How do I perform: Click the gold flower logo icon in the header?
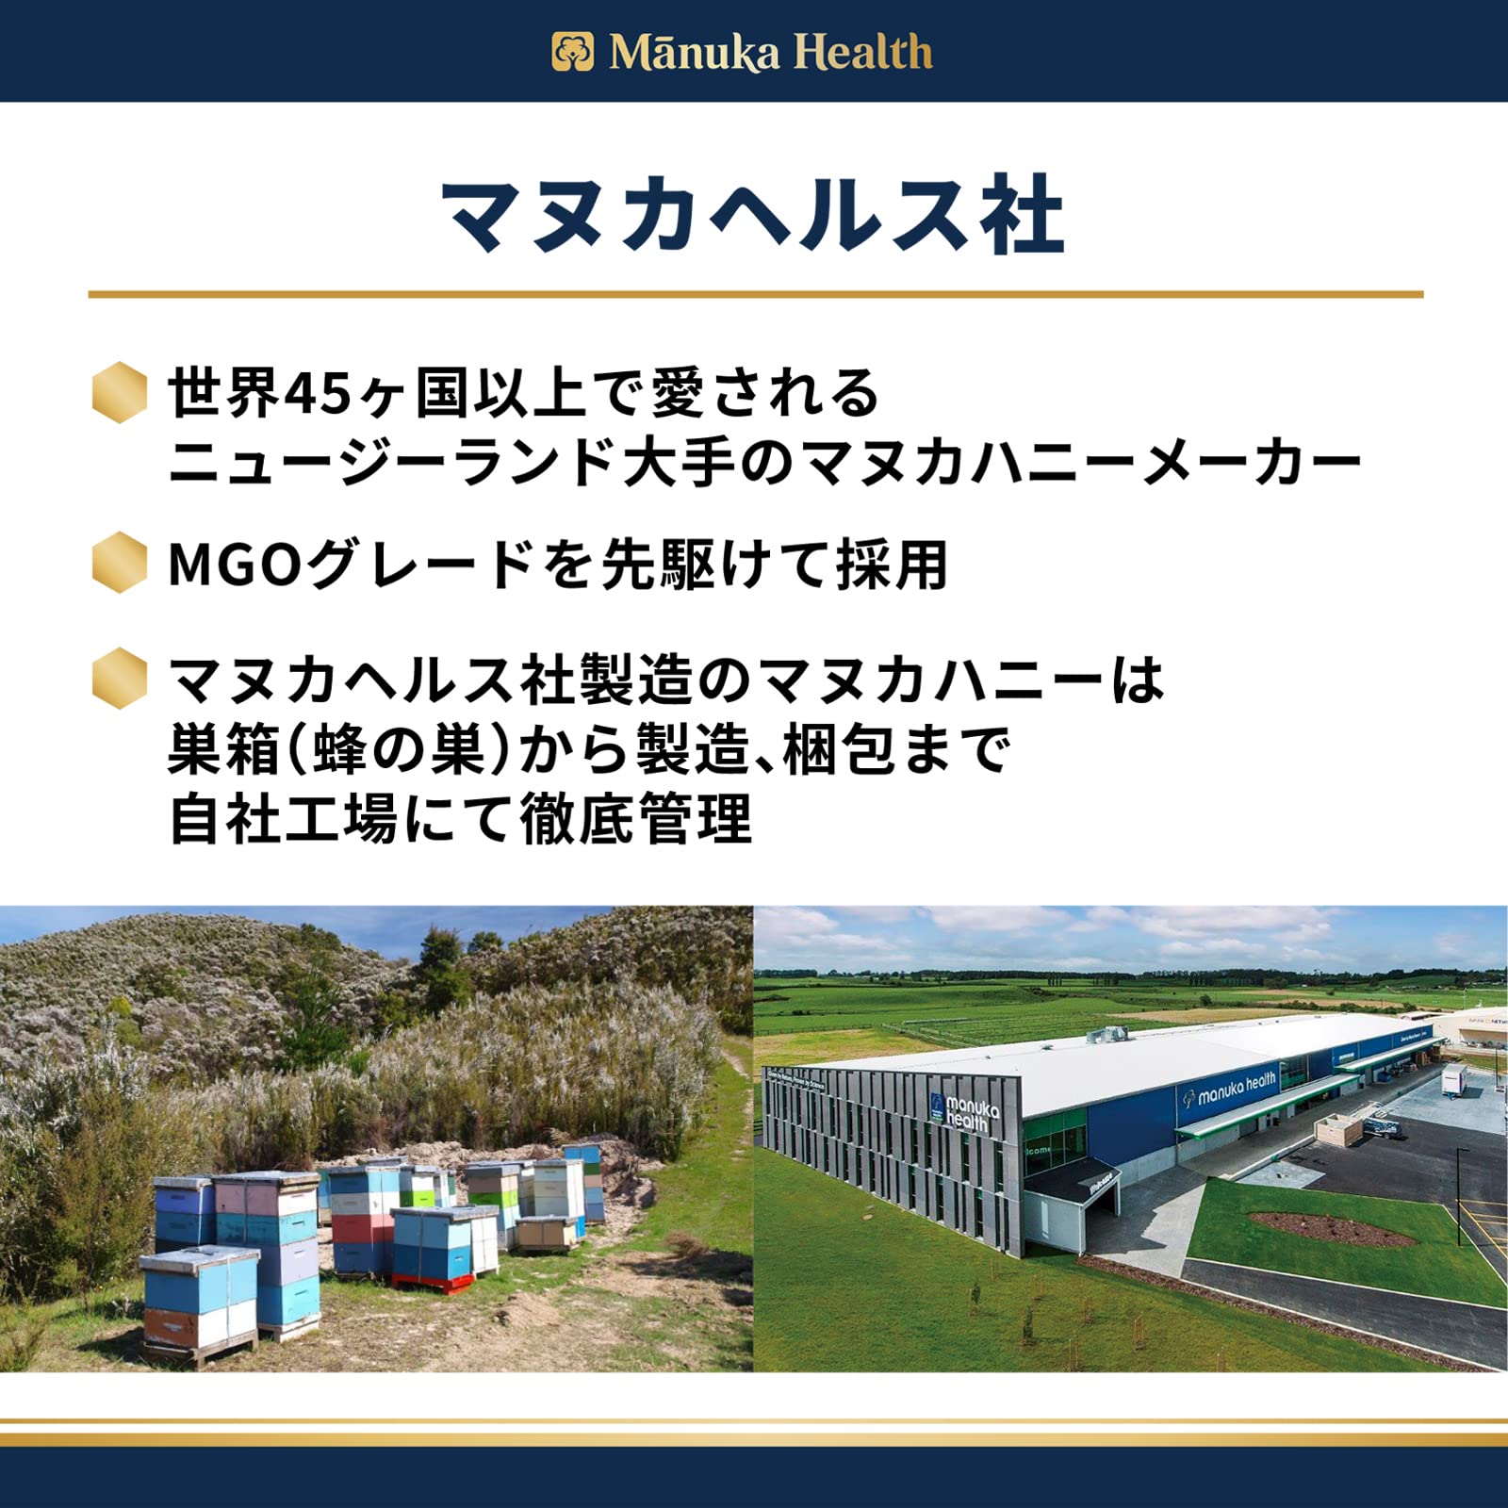point(572,52)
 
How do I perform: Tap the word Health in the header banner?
point(862,53)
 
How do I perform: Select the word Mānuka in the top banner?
point(695,53)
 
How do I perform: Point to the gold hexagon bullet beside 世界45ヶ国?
point(120,391)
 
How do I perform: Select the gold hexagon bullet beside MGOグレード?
point(120,563)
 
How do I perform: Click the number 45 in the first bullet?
point(317,393)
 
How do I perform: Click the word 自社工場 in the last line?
point(283,818)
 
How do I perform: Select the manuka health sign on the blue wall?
point(1229,1088)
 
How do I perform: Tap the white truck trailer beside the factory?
point(1462,1077)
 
